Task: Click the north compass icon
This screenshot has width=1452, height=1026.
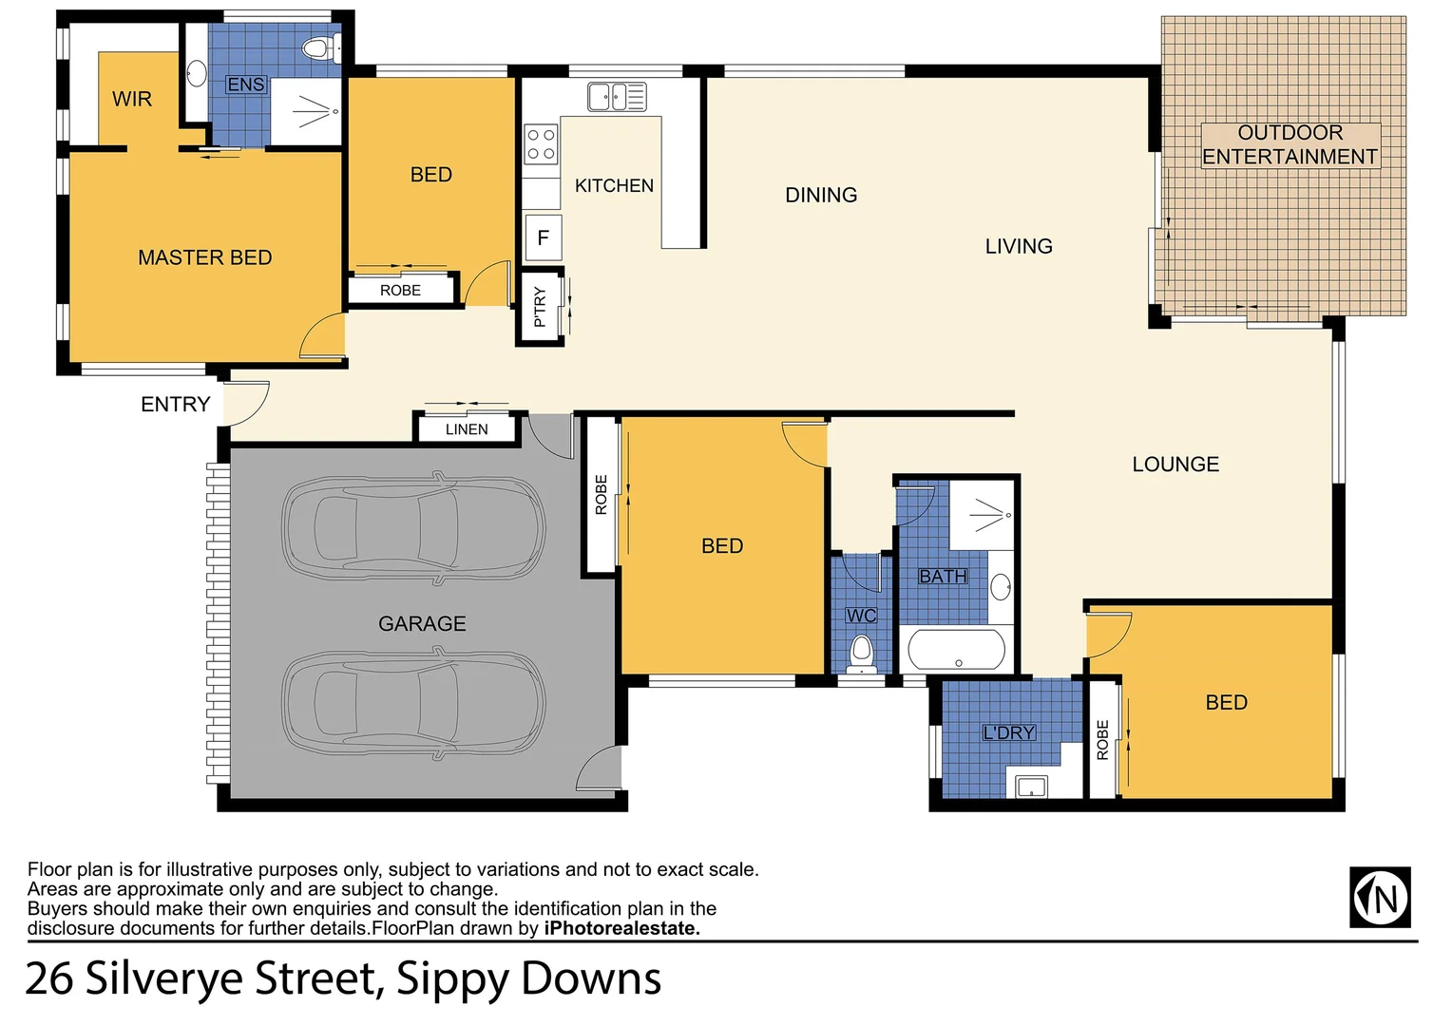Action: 1380,897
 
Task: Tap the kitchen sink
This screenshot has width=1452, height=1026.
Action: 617,97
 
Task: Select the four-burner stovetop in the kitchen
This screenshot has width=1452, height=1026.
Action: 542,144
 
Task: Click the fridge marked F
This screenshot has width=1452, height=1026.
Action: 543,237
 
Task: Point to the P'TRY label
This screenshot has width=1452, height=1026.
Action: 540,307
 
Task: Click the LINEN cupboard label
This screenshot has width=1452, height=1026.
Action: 467,429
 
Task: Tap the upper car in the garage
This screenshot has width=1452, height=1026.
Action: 414,527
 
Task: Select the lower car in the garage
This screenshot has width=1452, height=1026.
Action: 414,702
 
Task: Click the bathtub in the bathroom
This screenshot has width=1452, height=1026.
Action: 956,651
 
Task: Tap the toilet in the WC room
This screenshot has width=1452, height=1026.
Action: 861,653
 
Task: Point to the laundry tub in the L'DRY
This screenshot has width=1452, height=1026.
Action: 1031,787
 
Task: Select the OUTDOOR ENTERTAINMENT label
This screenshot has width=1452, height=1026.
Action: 1290,144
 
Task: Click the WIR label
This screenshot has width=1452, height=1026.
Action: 131,99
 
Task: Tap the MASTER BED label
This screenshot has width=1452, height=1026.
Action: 204,257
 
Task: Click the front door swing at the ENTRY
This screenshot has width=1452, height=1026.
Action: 249,402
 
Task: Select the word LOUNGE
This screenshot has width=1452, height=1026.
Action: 1175,465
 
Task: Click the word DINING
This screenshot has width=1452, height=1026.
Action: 821,195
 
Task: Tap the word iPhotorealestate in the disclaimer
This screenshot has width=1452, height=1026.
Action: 621,928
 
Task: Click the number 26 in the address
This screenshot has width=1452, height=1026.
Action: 48,978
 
